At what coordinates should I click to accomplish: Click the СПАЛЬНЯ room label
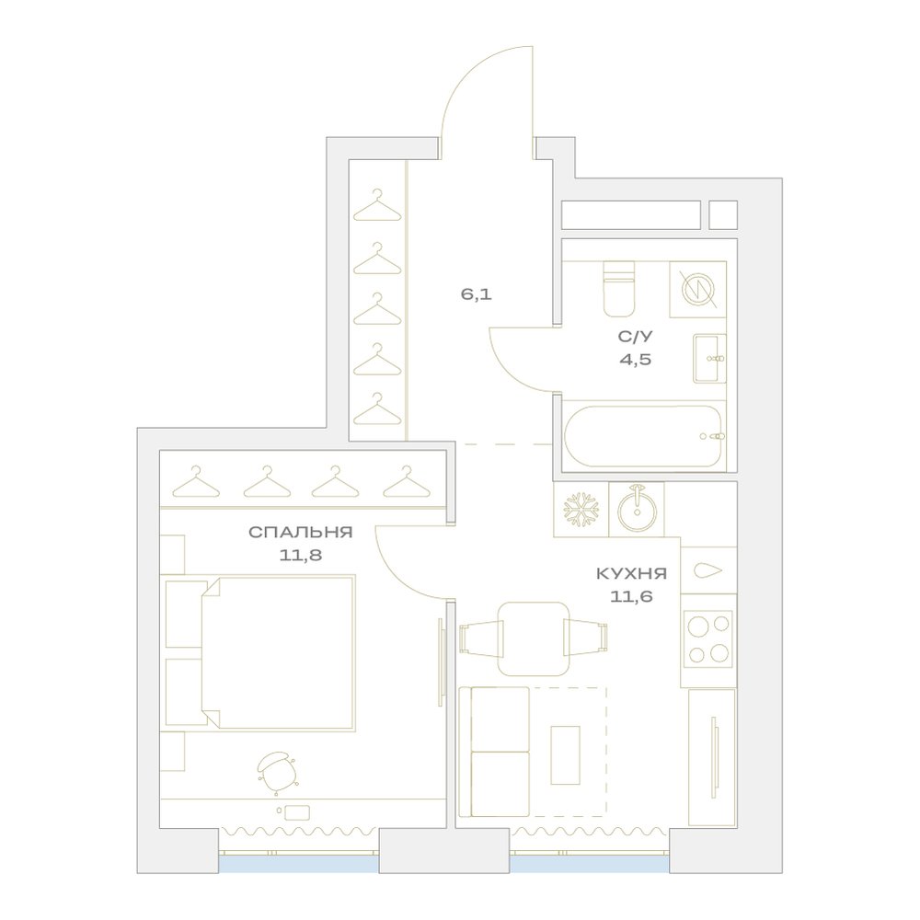pos(301,532)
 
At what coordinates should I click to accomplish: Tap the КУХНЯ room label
pos(632,573)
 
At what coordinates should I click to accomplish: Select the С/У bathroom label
pos(636,337)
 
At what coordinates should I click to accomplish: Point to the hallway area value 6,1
pos(476,294)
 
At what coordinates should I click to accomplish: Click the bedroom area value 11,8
pos(301,555)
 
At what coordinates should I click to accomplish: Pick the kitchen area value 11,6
pos(632,597)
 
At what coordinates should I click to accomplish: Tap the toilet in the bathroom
pos(619,288)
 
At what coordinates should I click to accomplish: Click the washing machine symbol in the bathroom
pos(697,289)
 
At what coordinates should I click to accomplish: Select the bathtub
pos(644,436)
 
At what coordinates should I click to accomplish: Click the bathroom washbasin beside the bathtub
pos(710,358)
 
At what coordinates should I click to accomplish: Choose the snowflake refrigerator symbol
pos(581,509)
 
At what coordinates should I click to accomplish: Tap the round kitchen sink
pos(637,509)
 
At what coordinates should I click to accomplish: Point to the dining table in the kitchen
pos(534,638)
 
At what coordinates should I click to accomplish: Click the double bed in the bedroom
pos(278,652)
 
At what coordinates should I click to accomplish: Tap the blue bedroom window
pos(299,864)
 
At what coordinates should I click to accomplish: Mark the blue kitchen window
pos(590,864)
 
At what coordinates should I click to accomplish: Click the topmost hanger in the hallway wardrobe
pos(376,205)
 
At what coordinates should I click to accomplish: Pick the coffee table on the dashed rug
pos(565,754)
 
